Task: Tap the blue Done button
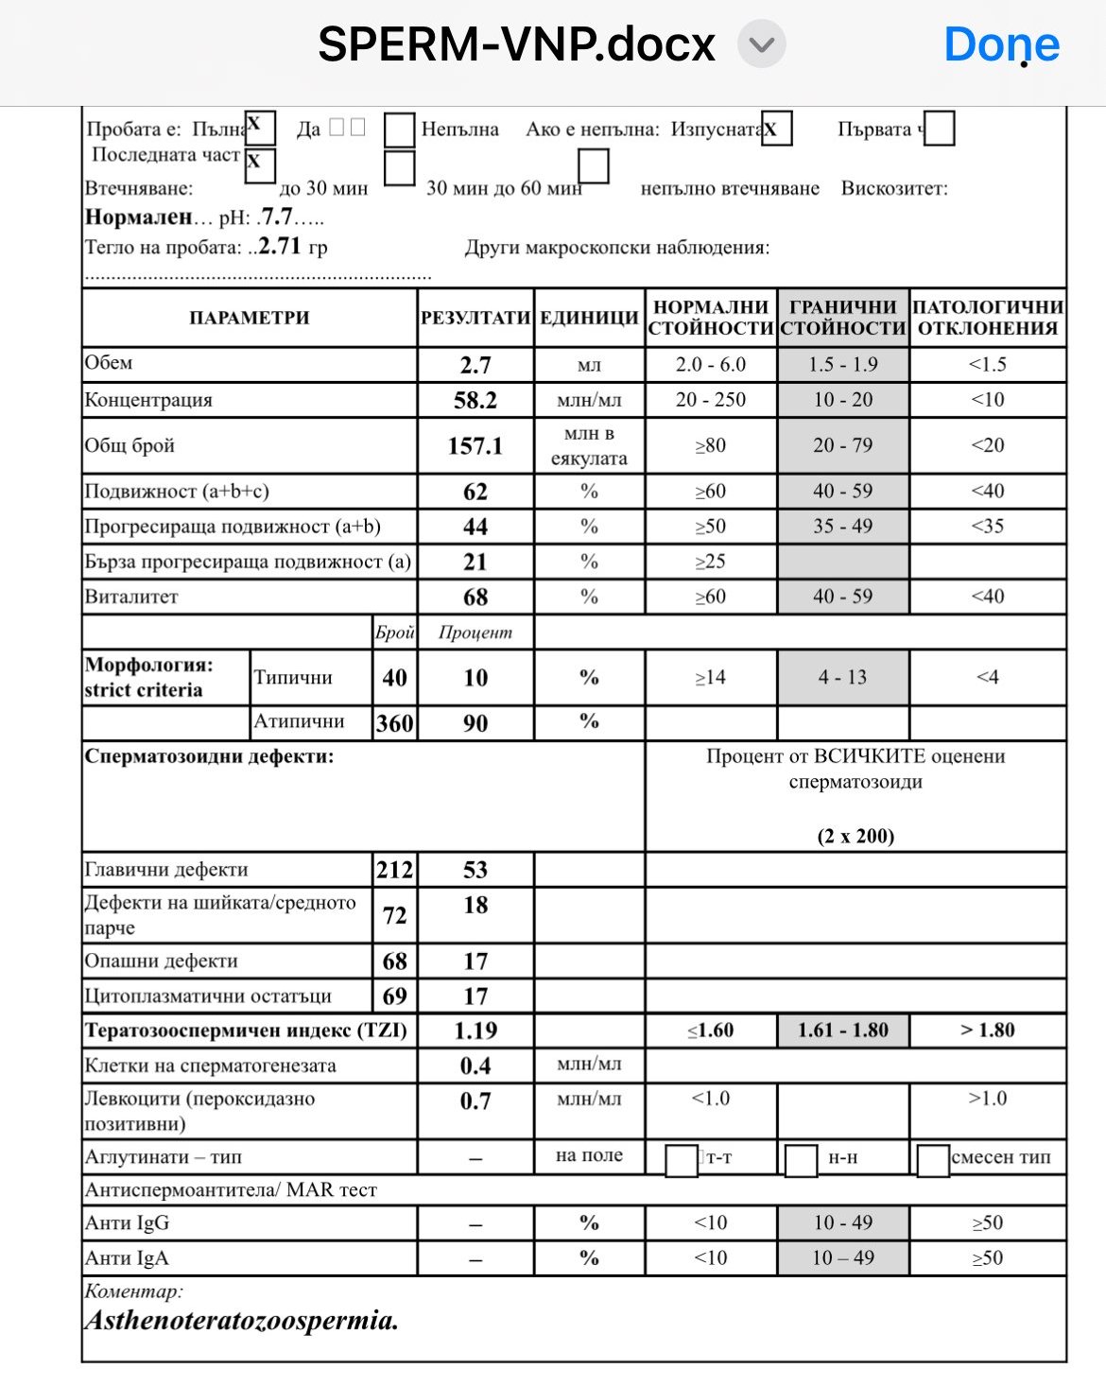tap(1001, 44)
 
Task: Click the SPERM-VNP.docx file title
tap(516, 44)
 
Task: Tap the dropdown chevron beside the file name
tap(761, 44)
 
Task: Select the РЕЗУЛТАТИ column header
tap(475, 318)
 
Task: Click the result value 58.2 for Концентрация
tap(475, 400)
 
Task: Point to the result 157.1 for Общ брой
tap(475, 446)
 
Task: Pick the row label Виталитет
tap(131, 598)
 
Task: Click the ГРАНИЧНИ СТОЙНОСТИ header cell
tap(842, 318)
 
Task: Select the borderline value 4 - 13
tap(842, 677)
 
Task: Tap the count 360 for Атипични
tap(394, 724)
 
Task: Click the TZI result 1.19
tap(475, 1031)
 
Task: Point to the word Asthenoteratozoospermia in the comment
tap(241, 1320)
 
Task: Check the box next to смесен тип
tap(932, 1160)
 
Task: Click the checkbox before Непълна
tap(399, 130)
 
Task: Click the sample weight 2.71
tap(280, 247)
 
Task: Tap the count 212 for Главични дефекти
tap(394, 870)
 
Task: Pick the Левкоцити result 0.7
tap(475, 1101)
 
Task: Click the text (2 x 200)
tap(855, 836)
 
